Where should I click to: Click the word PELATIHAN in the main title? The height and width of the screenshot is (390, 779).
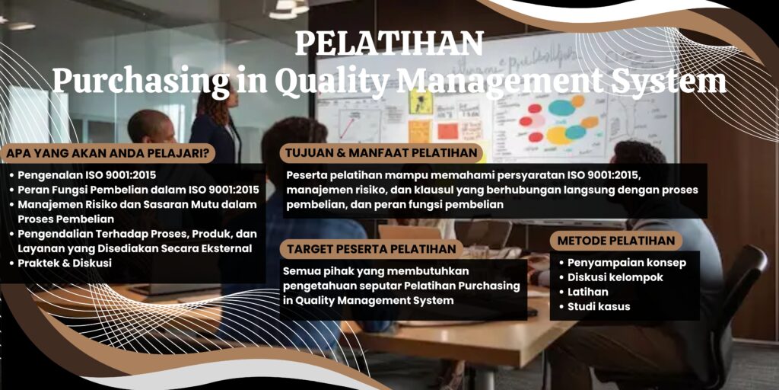pyautogui.click(x=389, y=44)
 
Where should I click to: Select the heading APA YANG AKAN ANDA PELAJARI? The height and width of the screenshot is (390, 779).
pyautogui.click(x=109, y=152)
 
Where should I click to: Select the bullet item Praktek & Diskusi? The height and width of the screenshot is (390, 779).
pyautogui.click(x=65, y=263)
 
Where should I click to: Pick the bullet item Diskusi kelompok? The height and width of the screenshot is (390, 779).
pyautogui.click(x=621, y=277)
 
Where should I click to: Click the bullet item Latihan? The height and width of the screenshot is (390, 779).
pyautogui.click(x=588, y=292)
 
